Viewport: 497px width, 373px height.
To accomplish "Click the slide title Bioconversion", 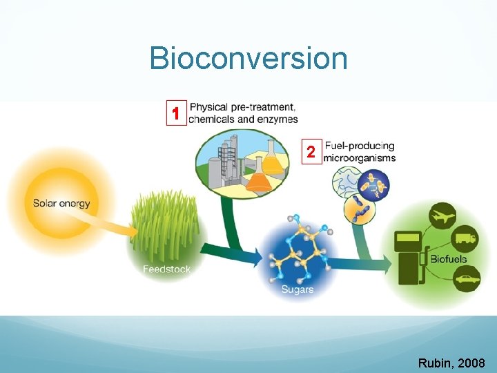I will click(x=248, y=58).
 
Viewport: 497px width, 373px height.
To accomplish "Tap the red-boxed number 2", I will click(x=311, y=152).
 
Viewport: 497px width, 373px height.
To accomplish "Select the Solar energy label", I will click(x=61, y=204).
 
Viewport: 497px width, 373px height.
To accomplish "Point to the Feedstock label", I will click(x=166, y=269).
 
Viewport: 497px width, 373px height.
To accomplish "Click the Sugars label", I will click(x=298, y=289).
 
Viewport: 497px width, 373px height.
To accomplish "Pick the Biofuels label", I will click(x=449, y=259).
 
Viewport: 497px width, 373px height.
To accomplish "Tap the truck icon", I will click(x=463, y=240).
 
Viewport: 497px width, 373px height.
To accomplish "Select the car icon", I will click(x=464, y=280).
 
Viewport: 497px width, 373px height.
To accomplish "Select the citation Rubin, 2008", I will click(x=451, y=363).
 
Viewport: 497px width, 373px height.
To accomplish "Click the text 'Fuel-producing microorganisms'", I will click(x=360, y=152).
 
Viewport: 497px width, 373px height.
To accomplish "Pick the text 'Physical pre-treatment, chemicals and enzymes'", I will click(x=243, y=113).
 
